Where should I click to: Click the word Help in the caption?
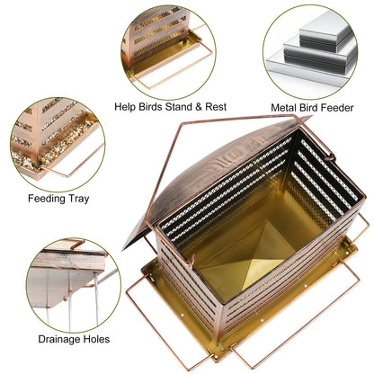tap(125, 107)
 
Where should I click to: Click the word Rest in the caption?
tap(216, 107)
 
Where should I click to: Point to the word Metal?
tap(285, 108)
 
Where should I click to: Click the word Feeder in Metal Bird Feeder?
tap(339, 108)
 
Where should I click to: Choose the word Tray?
tap(78, 199)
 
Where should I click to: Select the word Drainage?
tap(58, 340)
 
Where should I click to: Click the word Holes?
tap(96, 339)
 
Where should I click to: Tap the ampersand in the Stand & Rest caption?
tap(199, 107)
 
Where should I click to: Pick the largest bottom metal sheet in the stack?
tap(308, 70)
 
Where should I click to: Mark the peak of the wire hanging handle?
tap(182, 123)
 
